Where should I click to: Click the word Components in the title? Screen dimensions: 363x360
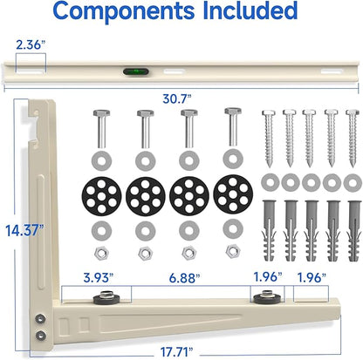tap(124, 10)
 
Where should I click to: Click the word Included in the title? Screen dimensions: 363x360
tap(250, 10)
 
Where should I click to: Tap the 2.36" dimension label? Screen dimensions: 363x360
tap(31, 44)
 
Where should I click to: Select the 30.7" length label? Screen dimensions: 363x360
tap(177, 98)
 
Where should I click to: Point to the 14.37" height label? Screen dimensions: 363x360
tap(24, 230)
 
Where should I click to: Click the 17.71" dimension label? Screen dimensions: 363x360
tap(177, 352)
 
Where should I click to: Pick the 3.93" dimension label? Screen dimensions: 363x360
tap(98, 278)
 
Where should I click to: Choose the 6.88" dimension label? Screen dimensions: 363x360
tap(184, 278)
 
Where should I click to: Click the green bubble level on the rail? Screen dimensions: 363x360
tap(136, 71)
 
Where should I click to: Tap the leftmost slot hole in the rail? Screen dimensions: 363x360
tap(31, 71)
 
